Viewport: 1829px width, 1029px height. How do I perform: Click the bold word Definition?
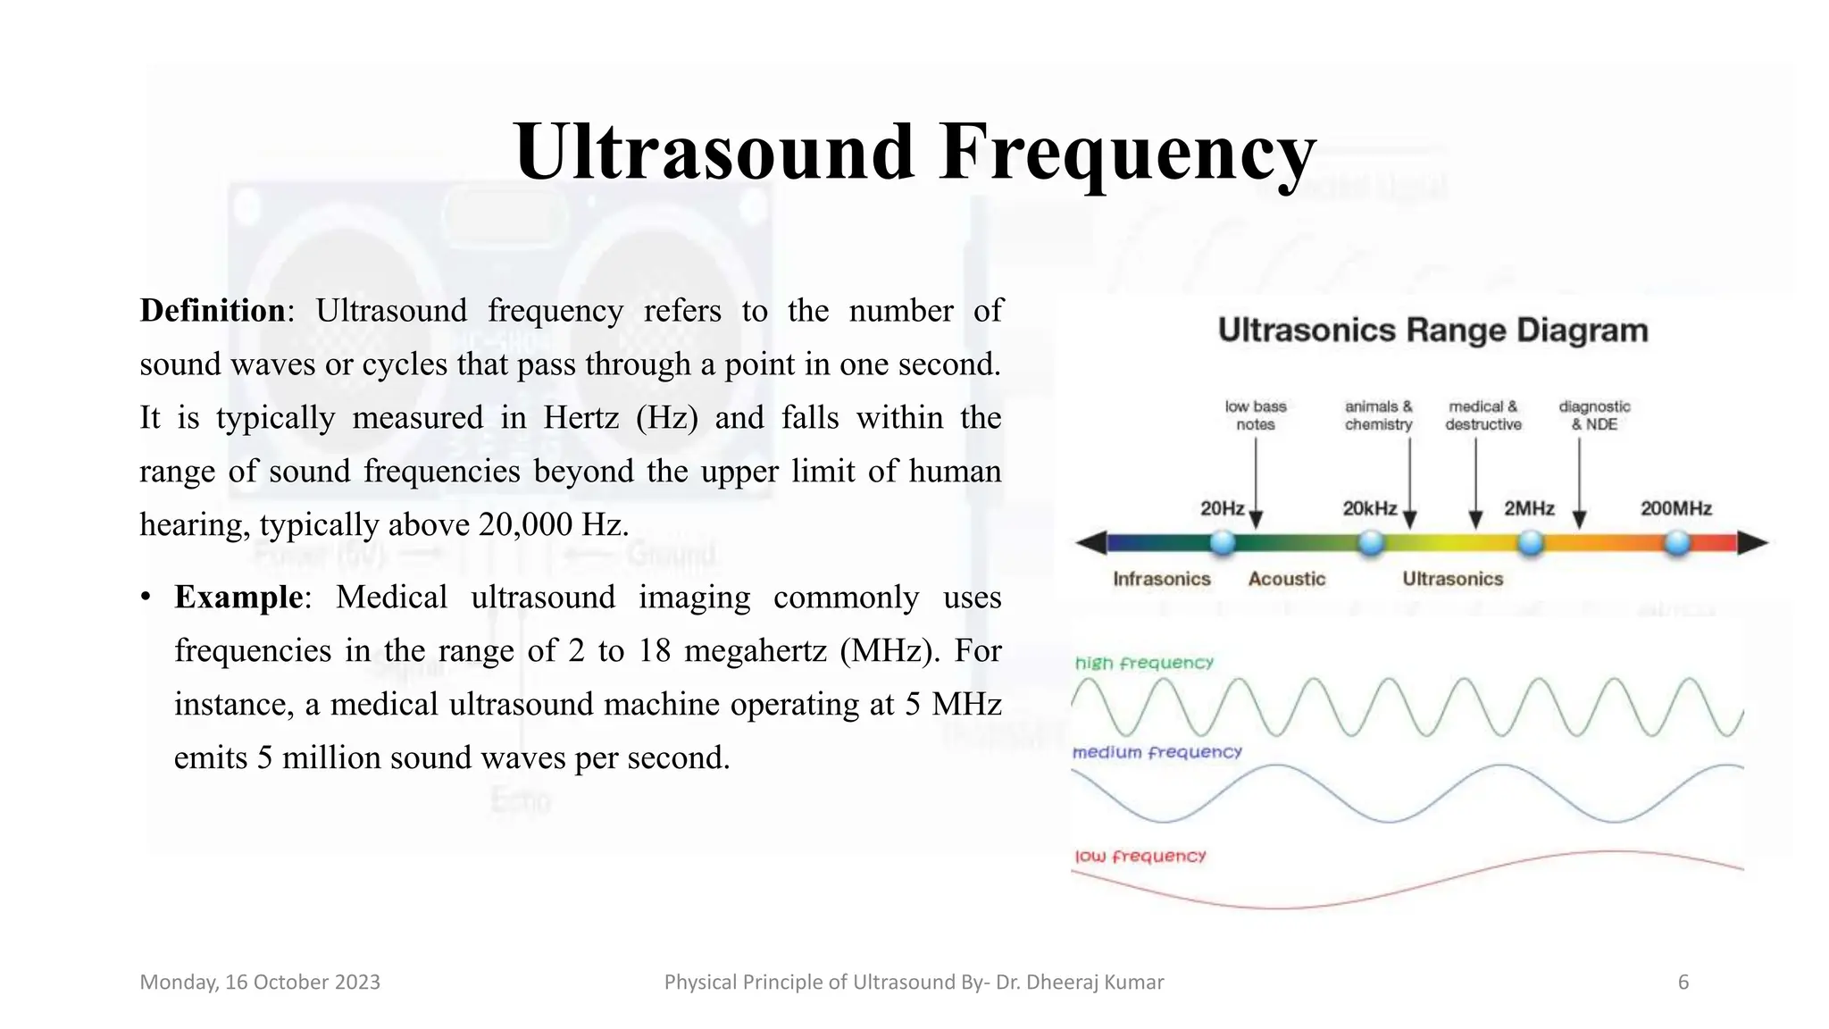pos(213,311)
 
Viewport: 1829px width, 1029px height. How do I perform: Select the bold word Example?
pos(238,597)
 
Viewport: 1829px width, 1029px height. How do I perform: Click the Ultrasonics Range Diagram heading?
pos(1432,330)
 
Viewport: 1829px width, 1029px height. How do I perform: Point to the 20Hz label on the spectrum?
pos(1222,508)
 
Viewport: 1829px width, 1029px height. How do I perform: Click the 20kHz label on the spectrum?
pos(1369,508)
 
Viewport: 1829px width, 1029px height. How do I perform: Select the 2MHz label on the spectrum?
pos(1529,508)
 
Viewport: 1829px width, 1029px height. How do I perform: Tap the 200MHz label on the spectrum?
pos(1675,508)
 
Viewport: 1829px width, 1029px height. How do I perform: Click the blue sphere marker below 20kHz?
pos(1371,542)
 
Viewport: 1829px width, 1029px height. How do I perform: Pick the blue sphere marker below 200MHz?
pos(1678,542)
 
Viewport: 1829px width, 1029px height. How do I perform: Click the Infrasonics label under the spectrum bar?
pos(1161,579)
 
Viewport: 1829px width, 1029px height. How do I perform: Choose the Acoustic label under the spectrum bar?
pos(1286,579)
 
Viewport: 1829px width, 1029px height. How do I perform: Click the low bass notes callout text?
pos(1255,415)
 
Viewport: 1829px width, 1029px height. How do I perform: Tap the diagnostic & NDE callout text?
pos(1594,415)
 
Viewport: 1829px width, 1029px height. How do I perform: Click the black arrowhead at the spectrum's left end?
pos(1091,542)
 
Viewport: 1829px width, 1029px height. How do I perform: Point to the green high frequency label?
pos(1144,663)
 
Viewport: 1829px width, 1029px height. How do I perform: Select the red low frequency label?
pos(1140,856)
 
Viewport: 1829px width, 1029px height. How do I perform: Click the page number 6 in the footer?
pos(1683,983)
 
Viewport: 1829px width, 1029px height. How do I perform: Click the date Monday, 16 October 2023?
pos(260,983)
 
